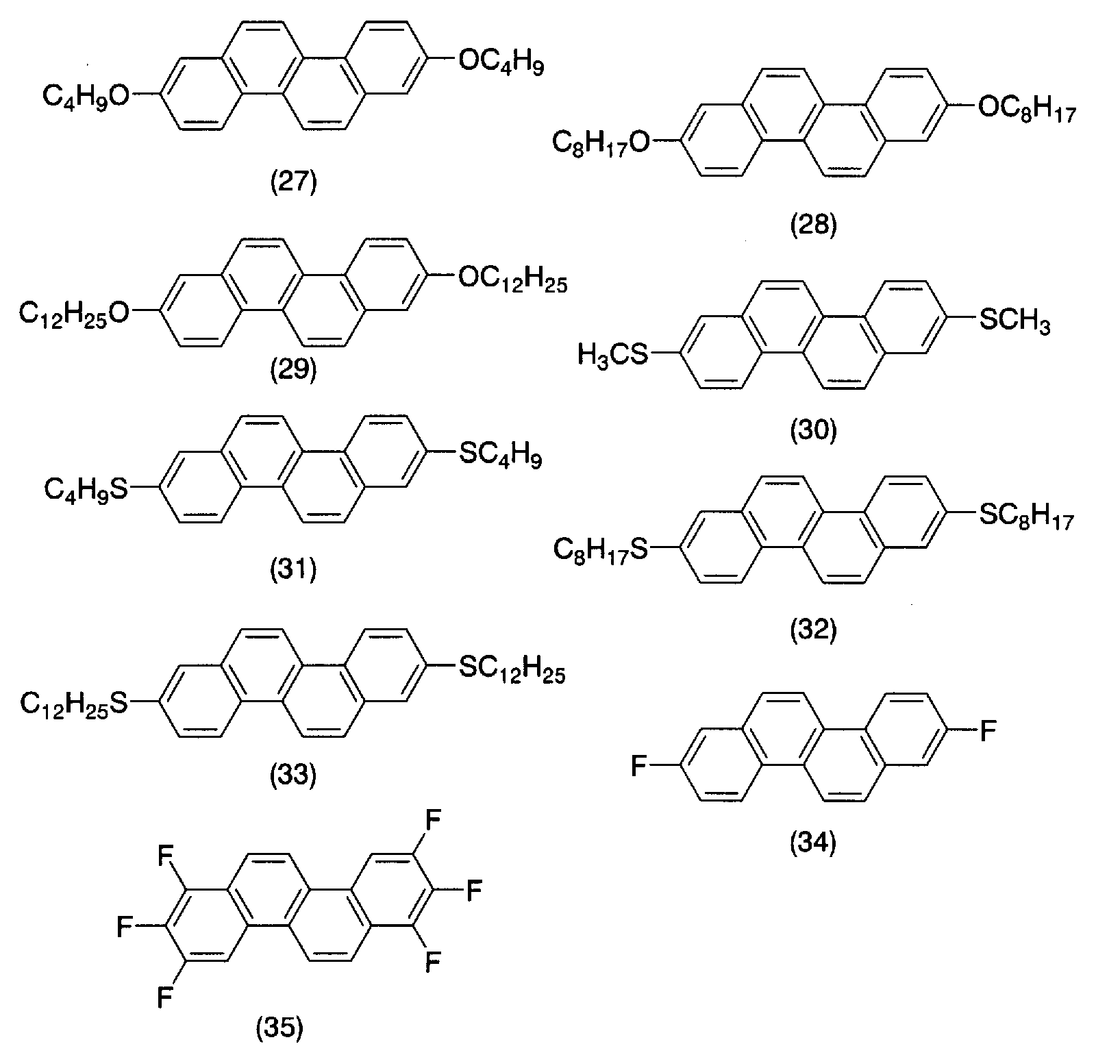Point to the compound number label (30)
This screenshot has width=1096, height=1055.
pos(814,430)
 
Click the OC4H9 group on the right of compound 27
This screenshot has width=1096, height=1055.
pos(501,63)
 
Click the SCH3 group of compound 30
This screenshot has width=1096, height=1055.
pos(1014,321)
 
